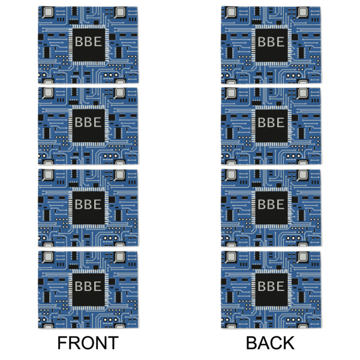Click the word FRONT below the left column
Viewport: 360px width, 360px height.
coord(88,343)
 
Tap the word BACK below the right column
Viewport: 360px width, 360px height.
coord(271,343)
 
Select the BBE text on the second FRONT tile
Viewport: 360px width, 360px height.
coord(88,123)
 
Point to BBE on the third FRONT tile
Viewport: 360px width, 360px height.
coord(88,205)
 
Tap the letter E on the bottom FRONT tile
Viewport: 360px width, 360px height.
coord(98,286)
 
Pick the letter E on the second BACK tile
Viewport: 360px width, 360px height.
coord(281,123)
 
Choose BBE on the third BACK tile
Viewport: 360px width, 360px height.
coord(271,205)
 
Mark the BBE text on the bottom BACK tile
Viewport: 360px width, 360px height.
coord(271,286)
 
